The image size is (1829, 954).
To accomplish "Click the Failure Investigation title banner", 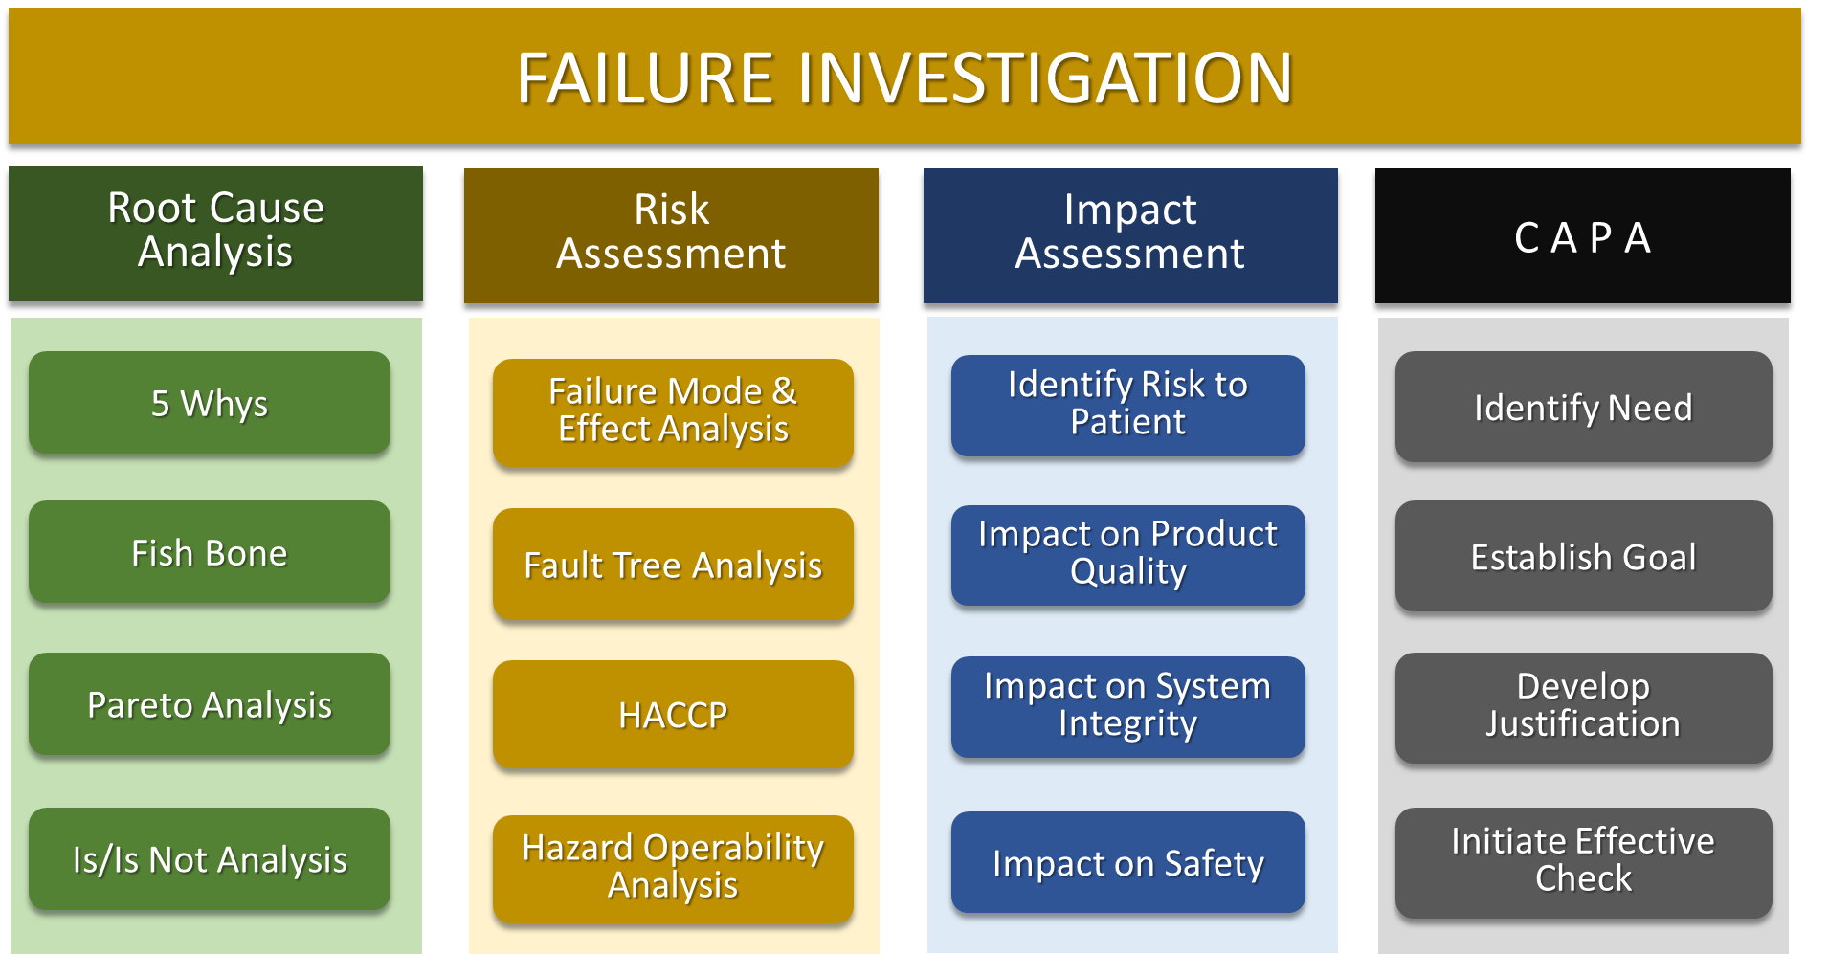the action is pyautogui.click(x=904, y=77).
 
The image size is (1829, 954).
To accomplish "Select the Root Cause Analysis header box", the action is pyautogui.click(x=215, y=234).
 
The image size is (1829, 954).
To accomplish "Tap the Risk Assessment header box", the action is pyautogui.click(x=671, y=235).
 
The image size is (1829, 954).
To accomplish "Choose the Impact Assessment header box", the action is pyautogui.click(x=1130, y=235).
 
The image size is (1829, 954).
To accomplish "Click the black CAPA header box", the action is pyautogui.click(x=1583, y=235).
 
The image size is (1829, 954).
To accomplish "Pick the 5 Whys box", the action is pyautogui.click(x=210, y=403).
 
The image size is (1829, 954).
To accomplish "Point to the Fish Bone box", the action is pyautogui.click(x=210, y=552).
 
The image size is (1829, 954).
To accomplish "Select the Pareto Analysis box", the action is pyautogui.click(x=210, y=704).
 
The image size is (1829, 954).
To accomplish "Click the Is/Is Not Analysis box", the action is pyautogui.click(x=210, y=859).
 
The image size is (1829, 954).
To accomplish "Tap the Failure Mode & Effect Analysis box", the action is pyautogui.click(x=673, y=412).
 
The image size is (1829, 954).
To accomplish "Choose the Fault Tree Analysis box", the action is pyautogui.click(x=673, y=565).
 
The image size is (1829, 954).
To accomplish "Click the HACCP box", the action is pyautogui.click(x=673, y=715).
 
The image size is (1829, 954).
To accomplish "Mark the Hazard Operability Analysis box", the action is pyautogui.click(x=673, y=869).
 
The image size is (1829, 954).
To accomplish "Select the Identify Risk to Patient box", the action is pyautogui.click(x=1128, y=406).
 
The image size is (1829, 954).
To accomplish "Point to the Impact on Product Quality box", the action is pyautogui.click(x=1128, y=555).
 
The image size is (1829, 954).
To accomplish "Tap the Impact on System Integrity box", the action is pyautogui.click(x=1128, y=707).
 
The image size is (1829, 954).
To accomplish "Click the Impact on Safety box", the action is pyautogui.click(x=1128, y=862).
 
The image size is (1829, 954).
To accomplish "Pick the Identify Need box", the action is pyautogui.click(x=1584, y=407).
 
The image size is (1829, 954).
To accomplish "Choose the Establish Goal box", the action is pyautogui.click(x=1584, y=556).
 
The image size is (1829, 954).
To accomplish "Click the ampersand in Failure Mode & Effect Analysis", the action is pyautogui.click(x=785, y=390).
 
